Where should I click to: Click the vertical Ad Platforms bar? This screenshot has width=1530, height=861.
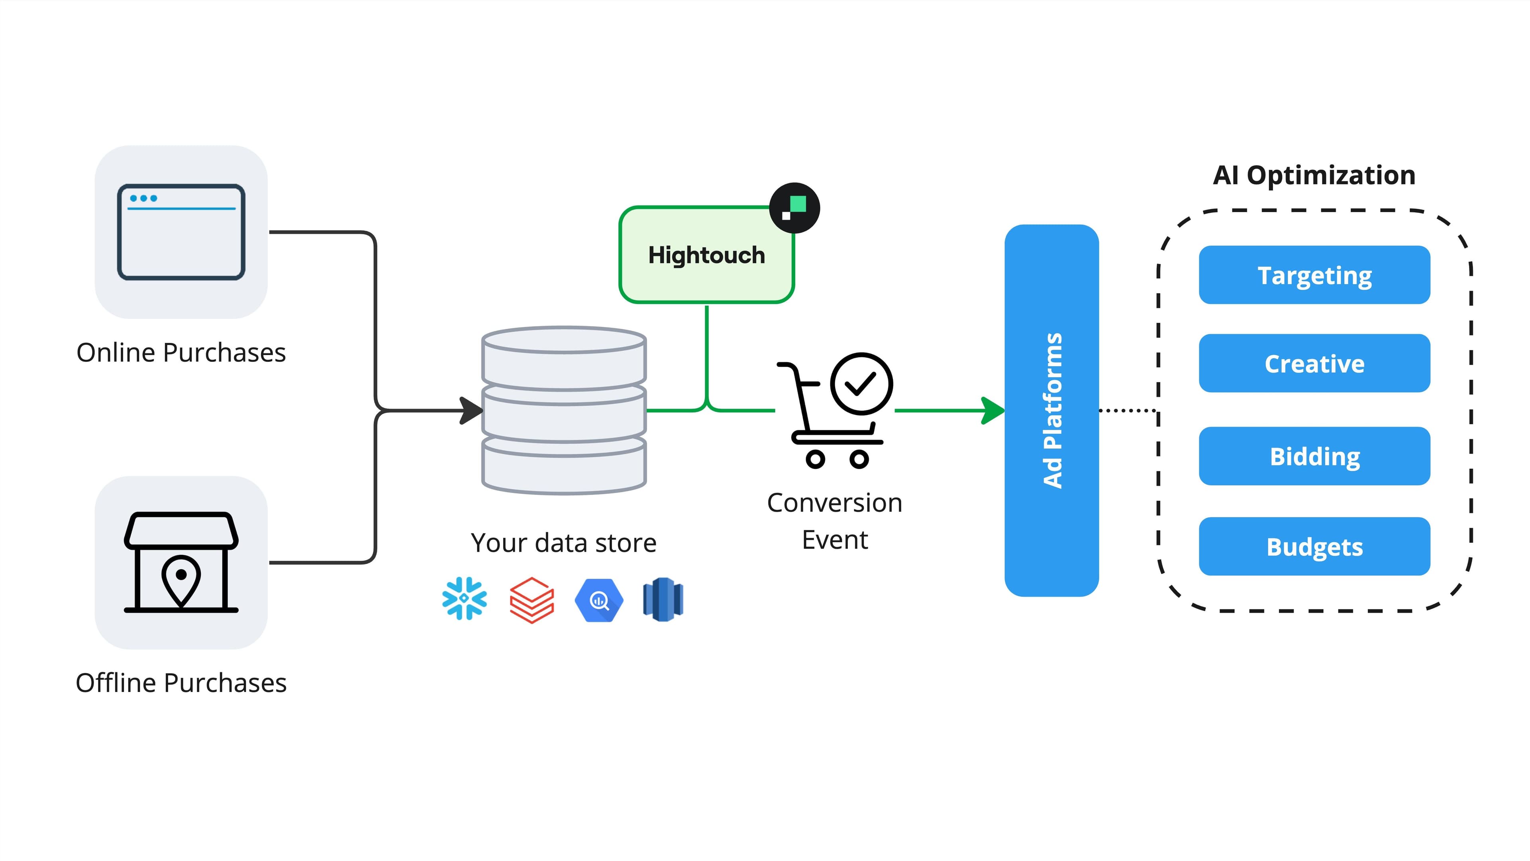tap(1051, 410)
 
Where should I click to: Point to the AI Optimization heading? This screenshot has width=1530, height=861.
tap(1314, 175)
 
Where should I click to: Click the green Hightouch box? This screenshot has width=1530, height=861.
tap(706, 256)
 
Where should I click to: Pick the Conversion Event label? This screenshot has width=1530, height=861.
tap(834, 521)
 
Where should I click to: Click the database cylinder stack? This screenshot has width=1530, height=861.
tap(564, 410)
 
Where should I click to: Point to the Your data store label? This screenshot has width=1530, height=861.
tap(564, 543)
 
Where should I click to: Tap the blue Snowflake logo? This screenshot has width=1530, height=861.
tap(465, 598)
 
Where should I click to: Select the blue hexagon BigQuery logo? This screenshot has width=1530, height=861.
tap(599, 600)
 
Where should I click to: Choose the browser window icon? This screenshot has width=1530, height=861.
tap(181, 232)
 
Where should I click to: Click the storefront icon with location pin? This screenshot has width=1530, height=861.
tap(181, 562)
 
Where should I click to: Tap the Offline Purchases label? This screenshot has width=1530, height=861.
tap(181, 683)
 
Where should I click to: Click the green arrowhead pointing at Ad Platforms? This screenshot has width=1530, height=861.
tap(993, 411)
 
